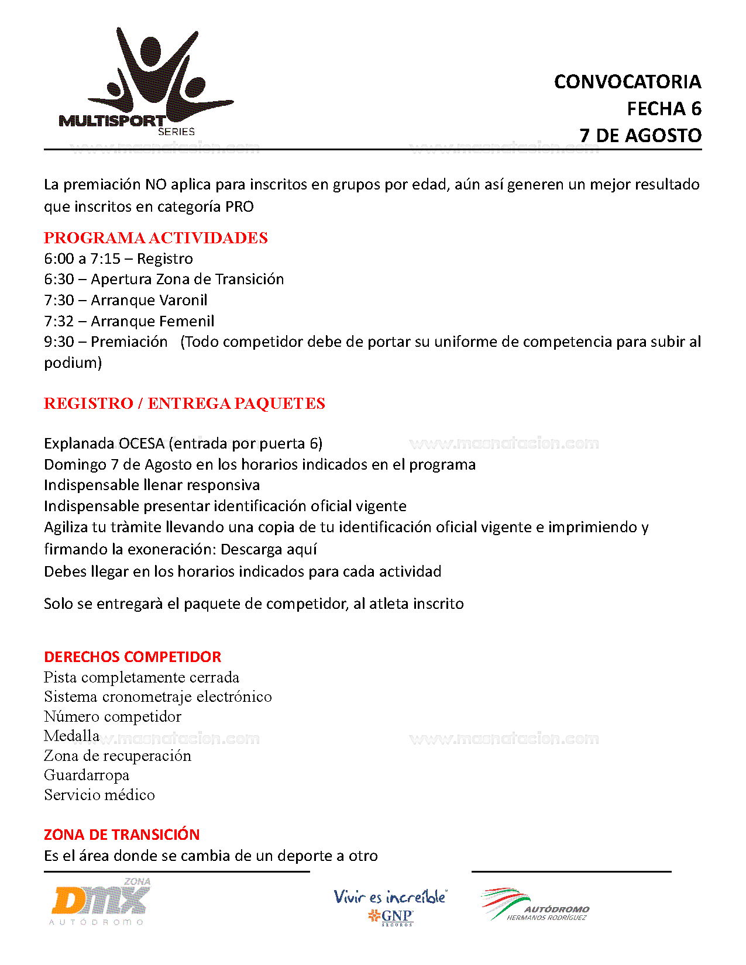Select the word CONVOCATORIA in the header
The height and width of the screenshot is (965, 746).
point(627,82)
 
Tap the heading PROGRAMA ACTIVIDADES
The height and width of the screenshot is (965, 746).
point(156,238)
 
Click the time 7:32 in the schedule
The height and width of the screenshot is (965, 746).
point(59,321)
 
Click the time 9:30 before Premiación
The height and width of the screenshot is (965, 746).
point(59,342)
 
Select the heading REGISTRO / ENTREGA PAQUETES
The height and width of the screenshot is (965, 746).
point(184,404)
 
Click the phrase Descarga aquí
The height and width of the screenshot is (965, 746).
point(269,549)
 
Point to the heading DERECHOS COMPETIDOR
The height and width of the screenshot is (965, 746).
point(133,657)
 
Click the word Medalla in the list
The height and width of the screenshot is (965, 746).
point(71,736)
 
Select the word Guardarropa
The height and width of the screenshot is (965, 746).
point(87,775)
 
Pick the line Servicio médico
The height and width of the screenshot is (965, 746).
point(99,795)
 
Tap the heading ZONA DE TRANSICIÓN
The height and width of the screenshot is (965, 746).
point(122,835)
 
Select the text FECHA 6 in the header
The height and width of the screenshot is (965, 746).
point(664,109)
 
